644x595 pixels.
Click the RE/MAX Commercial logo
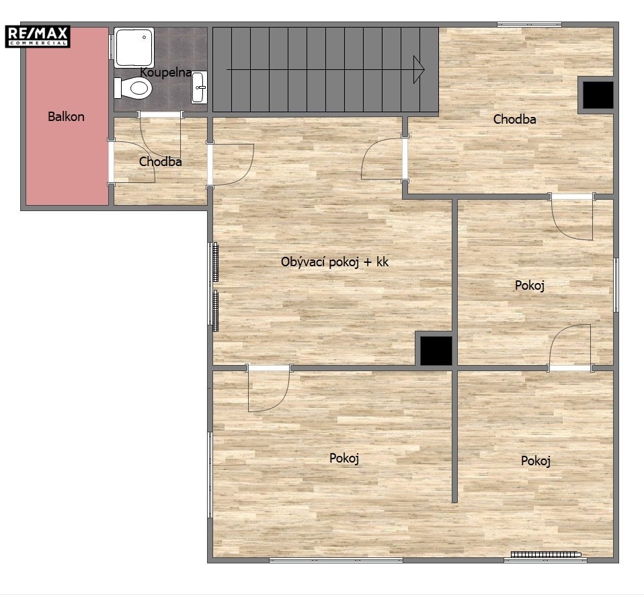click(38, 36)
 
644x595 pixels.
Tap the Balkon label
click(66, 116)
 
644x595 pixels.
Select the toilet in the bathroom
click(133, 88)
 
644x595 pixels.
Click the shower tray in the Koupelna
click(134, 48)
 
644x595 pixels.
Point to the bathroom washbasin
click(199, 87)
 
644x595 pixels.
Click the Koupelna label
click(165, 73)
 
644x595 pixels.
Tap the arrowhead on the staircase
click(419, 69)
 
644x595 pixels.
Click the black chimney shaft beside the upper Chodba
click(598, 95)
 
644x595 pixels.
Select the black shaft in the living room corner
click(436, 351)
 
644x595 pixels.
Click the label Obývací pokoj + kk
click(335, 262)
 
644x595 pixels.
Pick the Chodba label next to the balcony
click(160, 162)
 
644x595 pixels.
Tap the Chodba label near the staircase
click(515, 120)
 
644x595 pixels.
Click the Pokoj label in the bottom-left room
click(344, 459)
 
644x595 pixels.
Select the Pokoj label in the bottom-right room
click(536, 461)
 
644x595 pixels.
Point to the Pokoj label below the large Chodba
click(530, 285)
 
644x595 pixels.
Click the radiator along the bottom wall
click(546, 555)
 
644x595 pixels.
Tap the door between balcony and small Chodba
click(132, 161)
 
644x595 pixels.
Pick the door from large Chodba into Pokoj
click(572, 218)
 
